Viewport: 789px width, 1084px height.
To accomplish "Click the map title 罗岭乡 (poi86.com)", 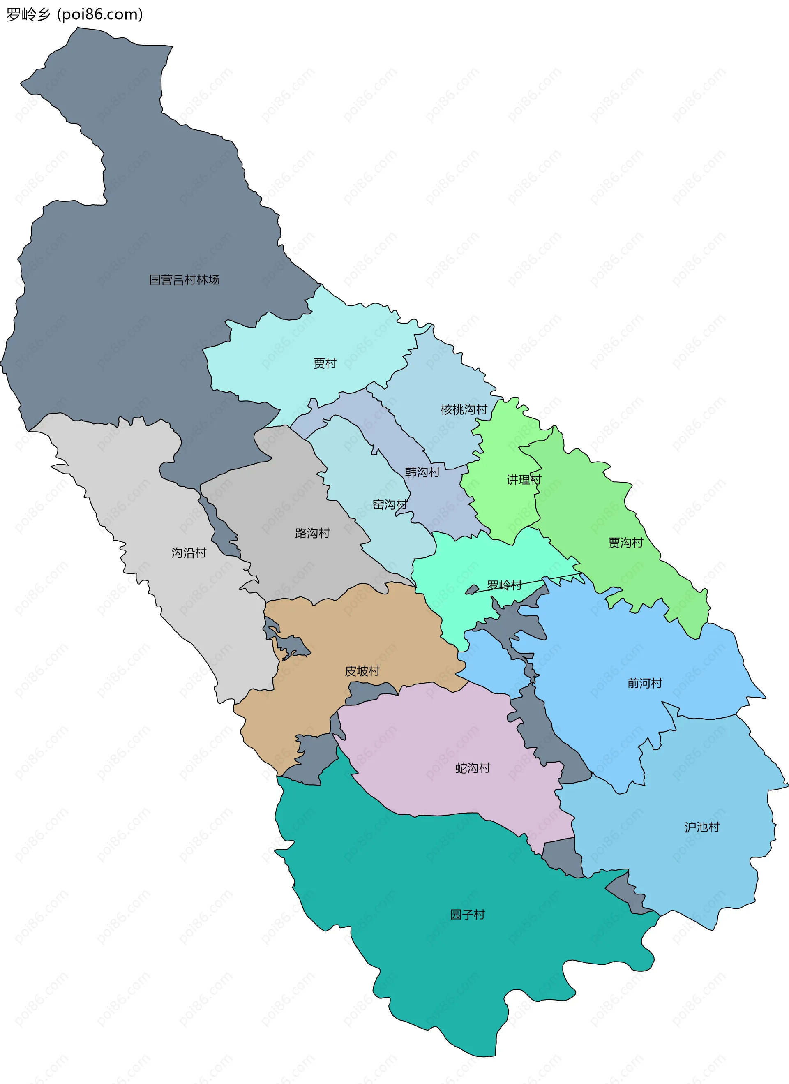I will pos(74,14).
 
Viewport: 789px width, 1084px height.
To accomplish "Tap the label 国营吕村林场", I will pos(184,280).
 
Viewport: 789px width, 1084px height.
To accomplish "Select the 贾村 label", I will pos(325,363).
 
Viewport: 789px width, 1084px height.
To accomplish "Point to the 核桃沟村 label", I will pos(464,409).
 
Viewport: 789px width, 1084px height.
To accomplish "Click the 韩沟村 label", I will pos(422,472).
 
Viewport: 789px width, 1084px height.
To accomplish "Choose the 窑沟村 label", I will pos(390,505).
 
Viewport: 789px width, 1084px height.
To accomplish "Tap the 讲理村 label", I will pos(524,479).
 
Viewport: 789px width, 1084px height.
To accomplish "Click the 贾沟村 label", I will pos(625,543).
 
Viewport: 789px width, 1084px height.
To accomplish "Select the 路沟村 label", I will pos(313,533).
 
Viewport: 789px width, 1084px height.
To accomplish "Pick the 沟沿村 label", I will pos(189,553).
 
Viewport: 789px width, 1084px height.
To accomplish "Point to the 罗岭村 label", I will pos(504,585).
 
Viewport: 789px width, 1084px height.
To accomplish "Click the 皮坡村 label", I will pos(362,671).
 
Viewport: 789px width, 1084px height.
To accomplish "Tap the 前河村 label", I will pos(645,683).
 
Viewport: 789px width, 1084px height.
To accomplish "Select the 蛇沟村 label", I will pos(473,768).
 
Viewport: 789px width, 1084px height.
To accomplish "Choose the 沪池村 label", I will pos(702,827).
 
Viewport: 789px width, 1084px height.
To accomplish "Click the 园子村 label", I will pos(467,914).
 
